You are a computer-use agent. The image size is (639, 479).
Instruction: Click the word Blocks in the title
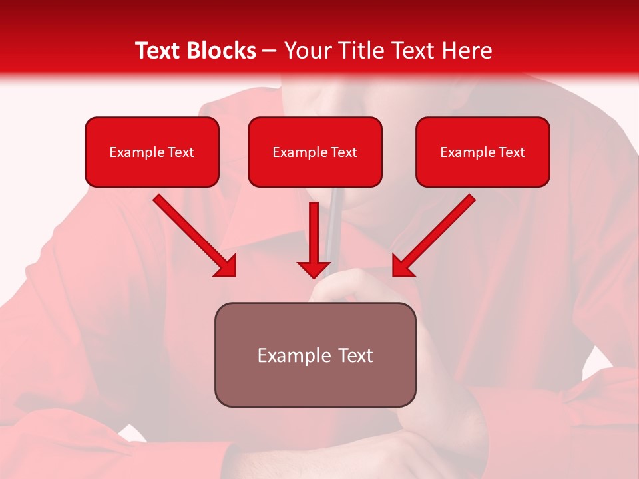[223, 51]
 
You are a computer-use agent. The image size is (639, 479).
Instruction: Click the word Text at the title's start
[160, 51]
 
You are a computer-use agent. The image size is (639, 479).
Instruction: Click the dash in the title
[270, 51]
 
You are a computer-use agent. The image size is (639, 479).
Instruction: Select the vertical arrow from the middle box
[314, 233]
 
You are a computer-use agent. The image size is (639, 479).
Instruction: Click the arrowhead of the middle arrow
[314, 269]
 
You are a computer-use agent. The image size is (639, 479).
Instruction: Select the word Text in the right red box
[511, 152]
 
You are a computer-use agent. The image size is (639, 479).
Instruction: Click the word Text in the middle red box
[343, 152]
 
